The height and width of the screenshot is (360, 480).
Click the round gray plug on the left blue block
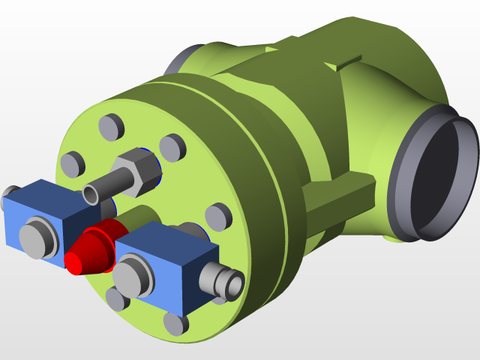tap(34, 237)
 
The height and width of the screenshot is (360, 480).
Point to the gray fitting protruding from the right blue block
tap(225, 281)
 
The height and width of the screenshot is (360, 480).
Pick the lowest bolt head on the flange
tap(175, 323)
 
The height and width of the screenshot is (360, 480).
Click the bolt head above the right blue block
tap(217, 216)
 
